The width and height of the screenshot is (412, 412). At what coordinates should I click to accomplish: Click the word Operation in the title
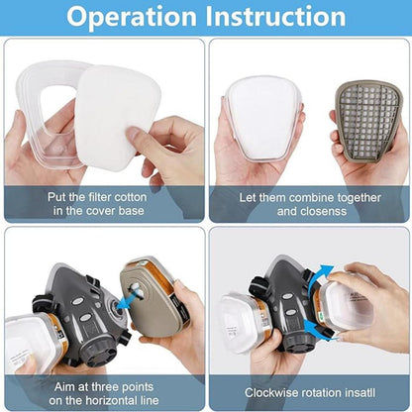[x=132, y=17]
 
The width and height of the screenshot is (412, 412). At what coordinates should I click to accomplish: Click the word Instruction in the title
[x=275, y=16]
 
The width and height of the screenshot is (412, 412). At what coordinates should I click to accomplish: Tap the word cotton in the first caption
[x=128, y=197]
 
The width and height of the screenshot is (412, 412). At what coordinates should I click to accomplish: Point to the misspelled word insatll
[x=357, y=393]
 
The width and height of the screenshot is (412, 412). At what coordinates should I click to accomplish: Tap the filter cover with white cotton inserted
[x=262, y=119]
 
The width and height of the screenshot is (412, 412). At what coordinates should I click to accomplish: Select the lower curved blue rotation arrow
[x=318, y=329]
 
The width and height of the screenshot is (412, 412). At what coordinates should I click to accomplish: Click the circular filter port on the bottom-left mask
[x=116, y=310]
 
